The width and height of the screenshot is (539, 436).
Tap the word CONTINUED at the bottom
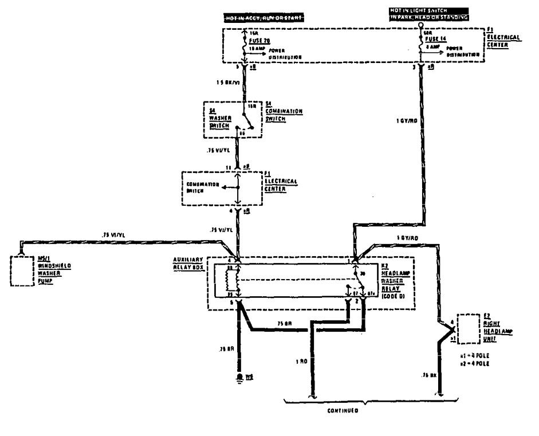click(343, 411)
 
